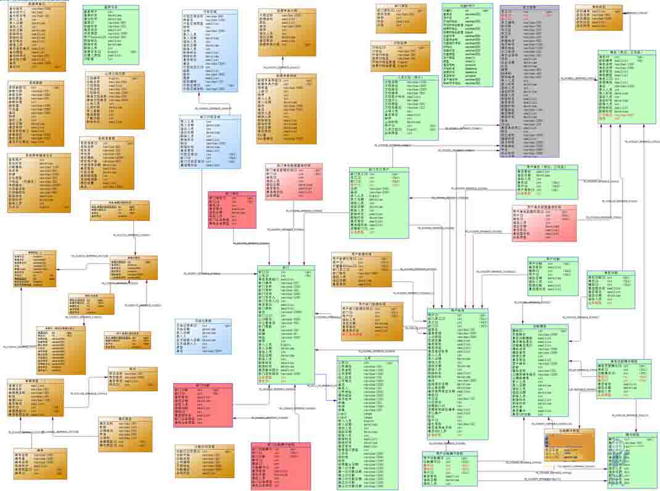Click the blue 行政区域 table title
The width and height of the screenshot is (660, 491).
pos(210,12)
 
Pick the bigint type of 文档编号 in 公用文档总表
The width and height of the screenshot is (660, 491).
pos(113,79)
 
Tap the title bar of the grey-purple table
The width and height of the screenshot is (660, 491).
pos(529,7)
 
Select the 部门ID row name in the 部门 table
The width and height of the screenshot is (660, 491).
pos(264,272)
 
